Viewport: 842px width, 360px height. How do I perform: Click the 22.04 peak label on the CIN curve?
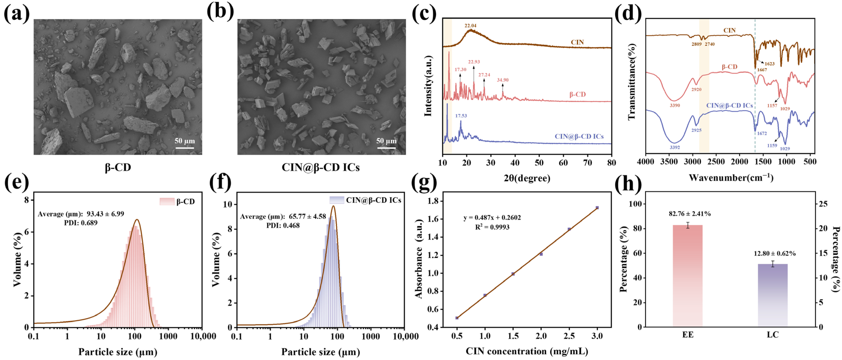[x=470, y=26]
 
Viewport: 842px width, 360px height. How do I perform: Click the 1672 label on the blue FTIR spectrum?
[x=762, y=133]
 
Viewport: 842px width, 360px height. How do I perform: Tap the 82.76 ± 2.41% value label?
[x=689, y=214]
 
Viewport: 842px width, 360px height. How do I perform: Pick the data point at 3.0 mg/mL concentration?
[x=597, y=208]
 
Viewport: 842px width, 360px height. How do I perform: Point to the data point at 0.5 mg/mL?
[x=457, y=318]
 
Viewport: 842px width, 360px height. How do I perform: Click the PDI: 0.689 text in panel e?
[x=81, y=223]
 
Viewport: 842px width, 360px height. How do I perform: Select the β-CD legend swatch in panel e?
[x=167, y=202]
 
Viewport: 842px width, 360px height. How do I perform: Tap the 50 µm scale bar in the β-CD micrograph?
[x=185, y=148]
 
